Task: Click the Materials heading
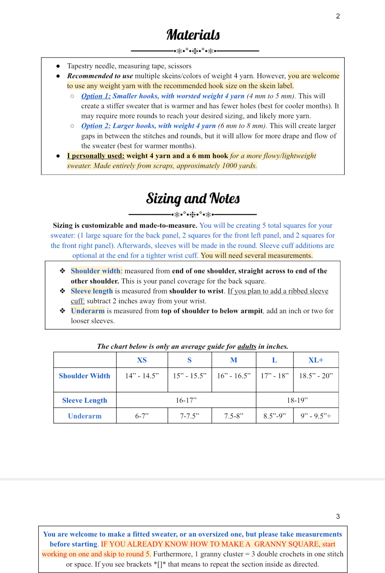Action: [193, 35]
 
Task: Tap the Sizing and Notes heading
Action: [193, 198]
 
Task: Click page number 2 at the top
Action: [338, 16]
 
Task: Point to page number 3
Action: [338, 516]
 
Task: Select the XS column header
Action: [142, 360]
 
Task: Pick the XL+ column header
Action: [316, 360]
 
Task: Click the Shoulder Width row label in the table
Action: [85, 376]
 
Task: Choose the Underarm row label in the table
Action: [85, 416]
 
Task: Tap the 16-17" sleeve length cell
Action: [186, 400]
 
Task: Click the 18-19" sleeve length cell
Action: [297, 400]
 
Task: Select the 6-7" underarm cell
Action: [142, 416]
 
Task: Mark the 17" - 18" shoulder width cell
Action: [274, 376]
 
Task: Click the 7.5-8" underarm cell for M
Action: [234, 416]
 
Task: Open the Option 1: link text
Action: [96, 96]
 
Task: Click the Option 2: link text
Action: [96, 126]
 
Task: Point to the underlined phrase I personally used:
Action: [96, 156]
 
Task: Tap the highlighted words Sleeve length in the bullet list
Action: [92, 291]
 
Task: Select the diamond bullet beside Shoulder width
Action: [62, 271]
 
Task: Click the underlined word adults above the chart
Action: [247, 347]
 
